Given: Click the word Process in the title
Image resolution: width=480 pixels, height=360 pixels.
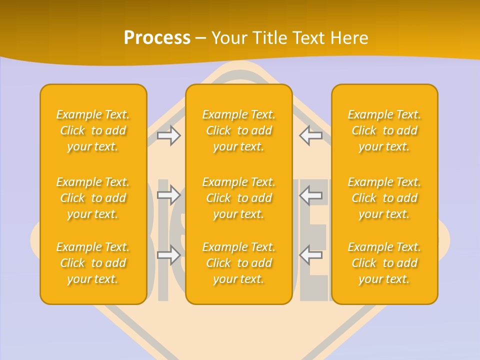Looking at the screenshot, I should click(x=157, y=38).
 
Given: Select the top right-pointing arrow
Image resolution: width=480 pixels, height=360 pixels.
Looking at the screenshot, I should click(x=169, y=135).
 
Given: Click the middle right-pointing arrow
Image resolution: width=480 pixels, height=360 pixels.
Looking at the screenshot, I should click(x=169, y=194).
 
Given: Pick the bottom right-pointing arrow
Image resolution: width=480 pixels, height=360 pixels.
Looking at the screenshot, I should click(x=169, y=254).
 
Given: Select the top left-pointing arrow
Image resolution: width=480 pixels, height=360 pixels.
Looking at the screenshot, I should click(x=311, y=135).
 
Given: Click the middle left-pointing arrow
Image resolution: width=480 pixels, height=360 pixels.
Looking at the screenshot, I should click(x=311, y=194).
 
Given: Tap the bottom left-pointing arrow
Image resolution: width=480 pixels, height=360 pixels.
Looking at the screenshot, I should click(x=311, y=254).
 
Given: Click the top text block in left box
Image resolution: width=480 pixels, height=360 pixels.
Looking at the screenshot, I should click(x=93, y=130).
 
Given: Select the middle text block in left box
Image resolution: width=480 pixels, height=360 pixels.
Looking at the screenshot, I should click(x=93, y=198).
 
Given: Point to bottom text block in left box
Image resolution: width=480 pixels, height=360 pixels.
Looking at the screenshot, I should click(x=93, y=263).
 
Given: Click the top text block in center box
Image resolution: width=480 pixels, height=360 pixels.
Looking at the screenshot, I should click(x=238, y=130).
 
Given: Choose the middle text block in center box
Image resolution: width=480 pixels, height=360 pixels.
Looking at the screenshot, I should click(x=238, y=198).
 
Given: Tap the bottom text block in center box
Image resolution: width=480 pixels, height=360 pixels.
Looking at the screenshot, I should click(x=238, y=263).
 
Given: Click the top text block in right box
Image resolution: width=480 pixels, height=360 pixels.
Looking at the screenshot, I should click(x=384, y=130).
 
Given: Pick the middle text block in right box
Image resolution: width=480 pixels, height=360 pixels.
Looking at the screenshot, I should click(x=384, y=198).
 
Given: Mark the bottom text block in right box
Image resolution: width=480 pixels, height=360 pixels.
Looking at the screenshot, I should click(x=384, y=263).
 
